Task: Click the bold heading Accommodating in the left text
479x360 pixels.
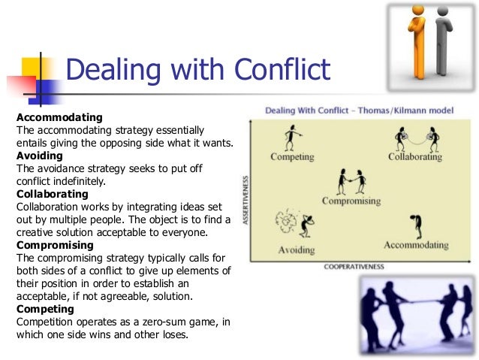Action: click(x=59, y=118)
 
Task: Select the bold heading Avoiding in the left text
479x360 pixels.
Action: click(x=39, y=156)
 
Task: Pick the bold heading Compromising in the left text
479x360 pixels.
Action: click(x=55, y=245)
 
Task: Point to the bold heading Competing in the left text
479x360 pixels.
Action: click(x=45, y=309)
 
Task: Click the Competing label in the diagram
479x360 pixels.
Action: click(x=293, y=158)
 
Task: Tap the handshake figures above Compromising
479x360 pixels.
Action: click(x=351, y=180)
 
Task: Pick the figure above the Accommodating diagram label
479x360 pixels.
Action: click(x=414, y=225)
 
